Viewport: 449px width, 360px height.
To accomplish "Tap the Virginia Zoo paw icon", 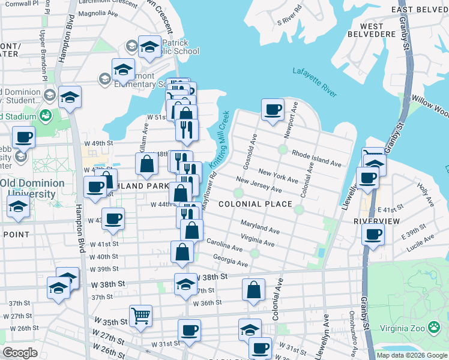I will click(x=434, y=327).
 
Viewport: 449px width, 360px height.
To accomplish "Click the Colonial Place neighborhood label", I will click(x=255, y=204).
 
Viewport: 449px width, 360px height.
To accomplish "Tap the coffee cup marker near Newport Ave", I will click(x=273, y=110).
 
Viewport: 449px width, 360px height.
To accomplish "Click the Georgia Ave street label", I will click(x=231, y=260).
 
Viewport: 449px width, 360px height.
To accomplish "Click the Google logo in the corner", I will click(x=20, y=353).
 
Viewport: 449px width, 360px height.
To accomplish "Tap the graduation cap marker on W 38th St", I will click(x=186, y=283).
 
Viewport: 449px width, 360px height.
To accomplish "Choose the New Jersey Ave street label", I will click(x=259, y=185).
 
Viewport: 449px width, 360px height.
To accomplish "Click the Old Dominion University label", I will click(x=32, y=187).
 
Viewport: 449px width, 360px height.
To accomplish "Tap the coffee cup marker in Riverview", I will click(x=373, y=233).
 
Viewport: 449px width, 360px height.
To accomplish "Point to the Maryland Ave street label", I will click(x=261, y=227).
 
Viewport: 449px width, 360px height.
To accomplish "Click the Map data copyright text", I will click(x=411, y=355).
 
